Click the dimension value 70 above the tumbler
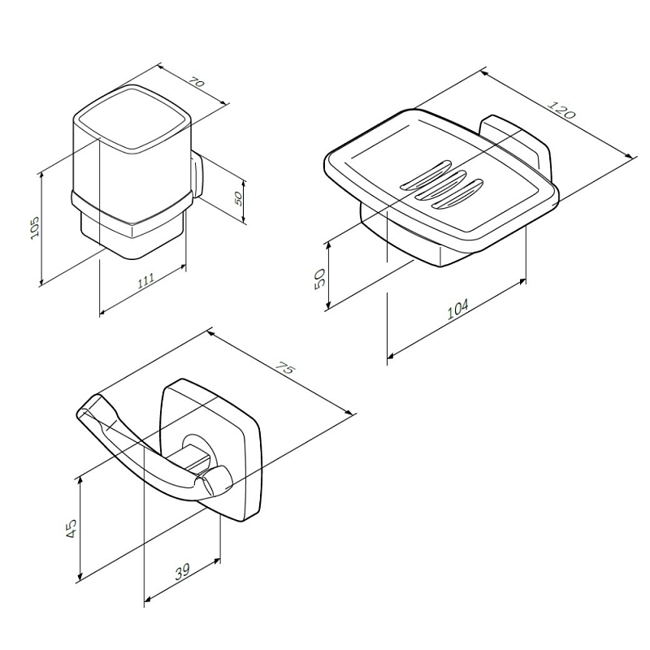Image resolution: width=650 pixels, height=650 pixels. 197,82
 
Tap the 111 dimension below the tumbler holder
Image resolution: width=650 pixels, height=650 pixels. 145,281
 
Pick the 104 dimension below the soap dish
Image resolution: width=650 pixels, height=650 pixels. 457,309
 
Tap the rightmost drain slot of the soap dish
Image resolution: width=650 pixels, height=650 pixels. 458,196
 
